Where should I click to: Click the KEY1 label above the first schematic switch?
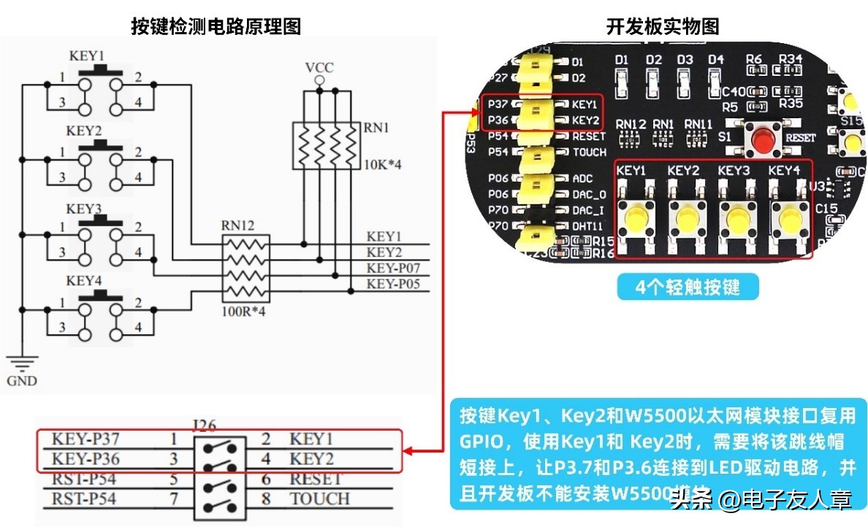click(86, 55)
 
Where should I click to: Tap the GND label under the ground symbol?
click(21, 381)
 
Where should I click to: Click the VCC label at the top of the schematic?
click(319, 68)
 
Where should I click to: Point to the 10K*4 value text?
click(382, 165)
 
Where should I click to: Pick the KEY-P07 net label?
click(393, 268)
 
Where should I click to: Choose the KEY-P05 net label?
click(393, 284)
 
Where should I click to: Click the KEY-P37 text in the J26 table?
click(86, 439)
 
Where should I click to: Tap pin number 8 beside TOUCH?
click(266, 499)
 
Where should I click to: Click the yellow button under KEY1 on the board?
click(634, 217)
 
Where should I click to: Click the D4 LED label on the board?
click(715, 59)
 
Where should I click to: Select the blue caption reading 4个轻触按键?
click(688, 287)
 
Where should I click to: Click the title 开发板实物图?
click(663, 27)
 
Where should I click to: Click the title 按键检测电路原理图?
click(216, 27)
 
